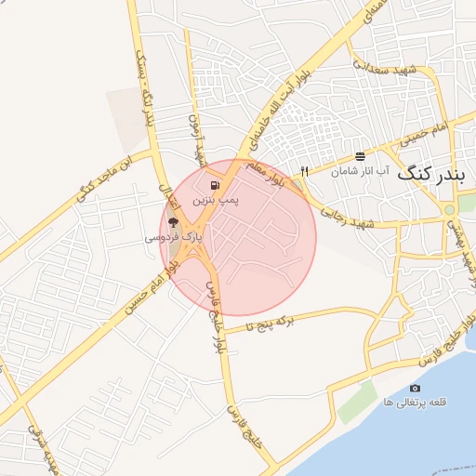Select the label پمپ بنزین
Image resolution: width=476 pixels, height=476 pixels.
tap(216, 200)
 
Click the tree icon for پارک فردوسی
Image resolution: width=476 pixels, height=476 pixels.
tap(173, 223)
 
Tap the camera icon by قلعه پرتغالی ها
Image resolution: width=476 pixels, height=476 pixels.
tap(415, 388)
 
